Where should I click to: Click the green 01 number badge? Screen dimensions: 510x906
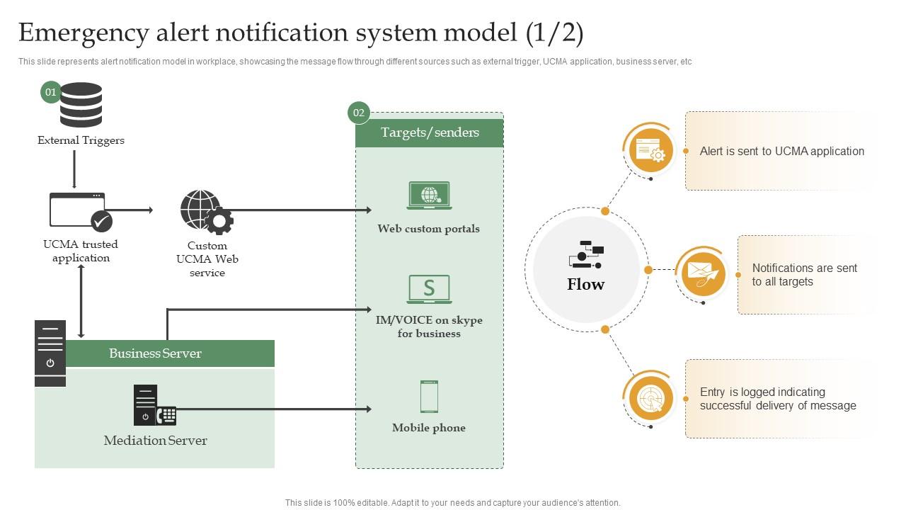(x=51, y=92)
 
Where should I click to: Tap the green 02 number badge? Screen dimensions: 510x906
(x=359, y=113)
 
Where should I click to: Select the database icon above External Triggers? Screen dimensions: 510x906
(x=81, y=105)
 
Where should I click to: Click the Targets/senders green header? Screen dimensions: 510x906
(x=430, y=132)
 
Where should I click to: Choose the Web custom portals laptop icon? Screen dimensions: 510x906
(x=429, y=195)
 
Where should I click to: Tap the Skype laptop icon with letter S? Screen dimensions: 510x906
(x=429, y=289)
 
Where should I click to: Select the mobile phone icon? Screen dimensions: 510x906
(x=429, y=397)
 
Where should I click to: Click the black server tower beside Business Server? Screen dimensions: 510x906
(x=50, y=353)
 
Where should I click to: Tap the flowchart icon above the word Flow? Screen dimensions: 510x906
(x=586, y=255)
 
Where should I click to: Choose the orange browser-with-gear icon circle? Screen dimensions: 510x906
(x=650, y=150)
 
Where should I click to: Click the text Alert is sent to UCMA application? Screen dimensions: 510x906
(x=781, y=151)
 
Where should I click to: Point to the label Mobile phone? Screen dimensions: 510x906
(x=429, y=428)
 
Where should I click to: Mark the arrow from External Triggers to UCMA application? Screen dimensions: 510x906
(x=74, y=169)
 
